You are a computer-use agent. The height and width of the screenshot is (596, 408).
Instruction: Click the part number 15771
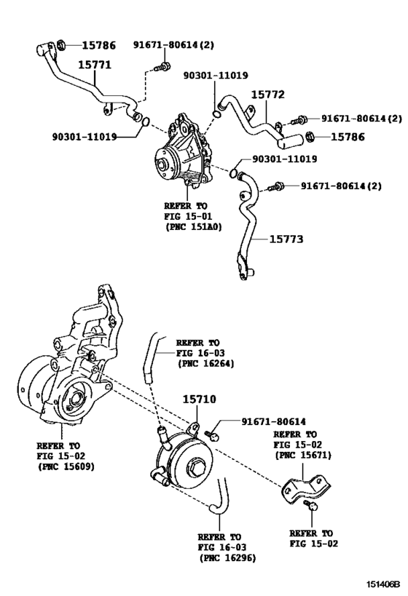(x=94, y=65)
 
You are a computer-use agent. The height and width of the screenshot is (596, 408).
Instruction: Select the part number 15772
(x=269, y=95)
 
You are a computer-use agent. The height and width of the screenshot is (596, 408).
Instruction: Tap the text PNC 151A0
(x=194, y=227)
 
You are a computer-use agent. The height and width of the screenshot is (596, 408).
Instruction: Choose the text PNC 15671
(x=302, y=455)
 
